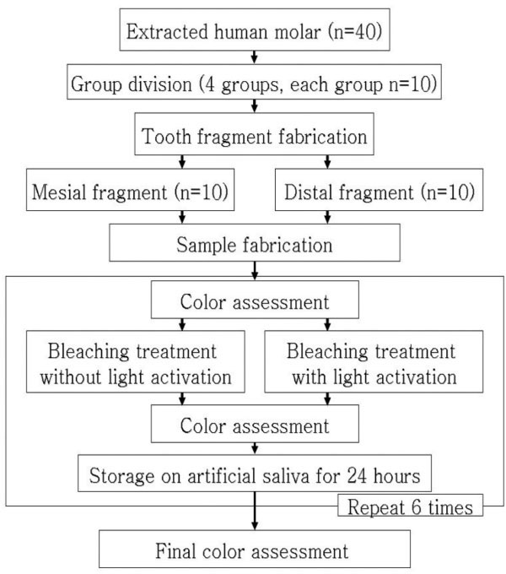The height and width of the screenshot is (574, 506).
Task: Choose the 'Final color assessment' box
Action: (x=254, y=552)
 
